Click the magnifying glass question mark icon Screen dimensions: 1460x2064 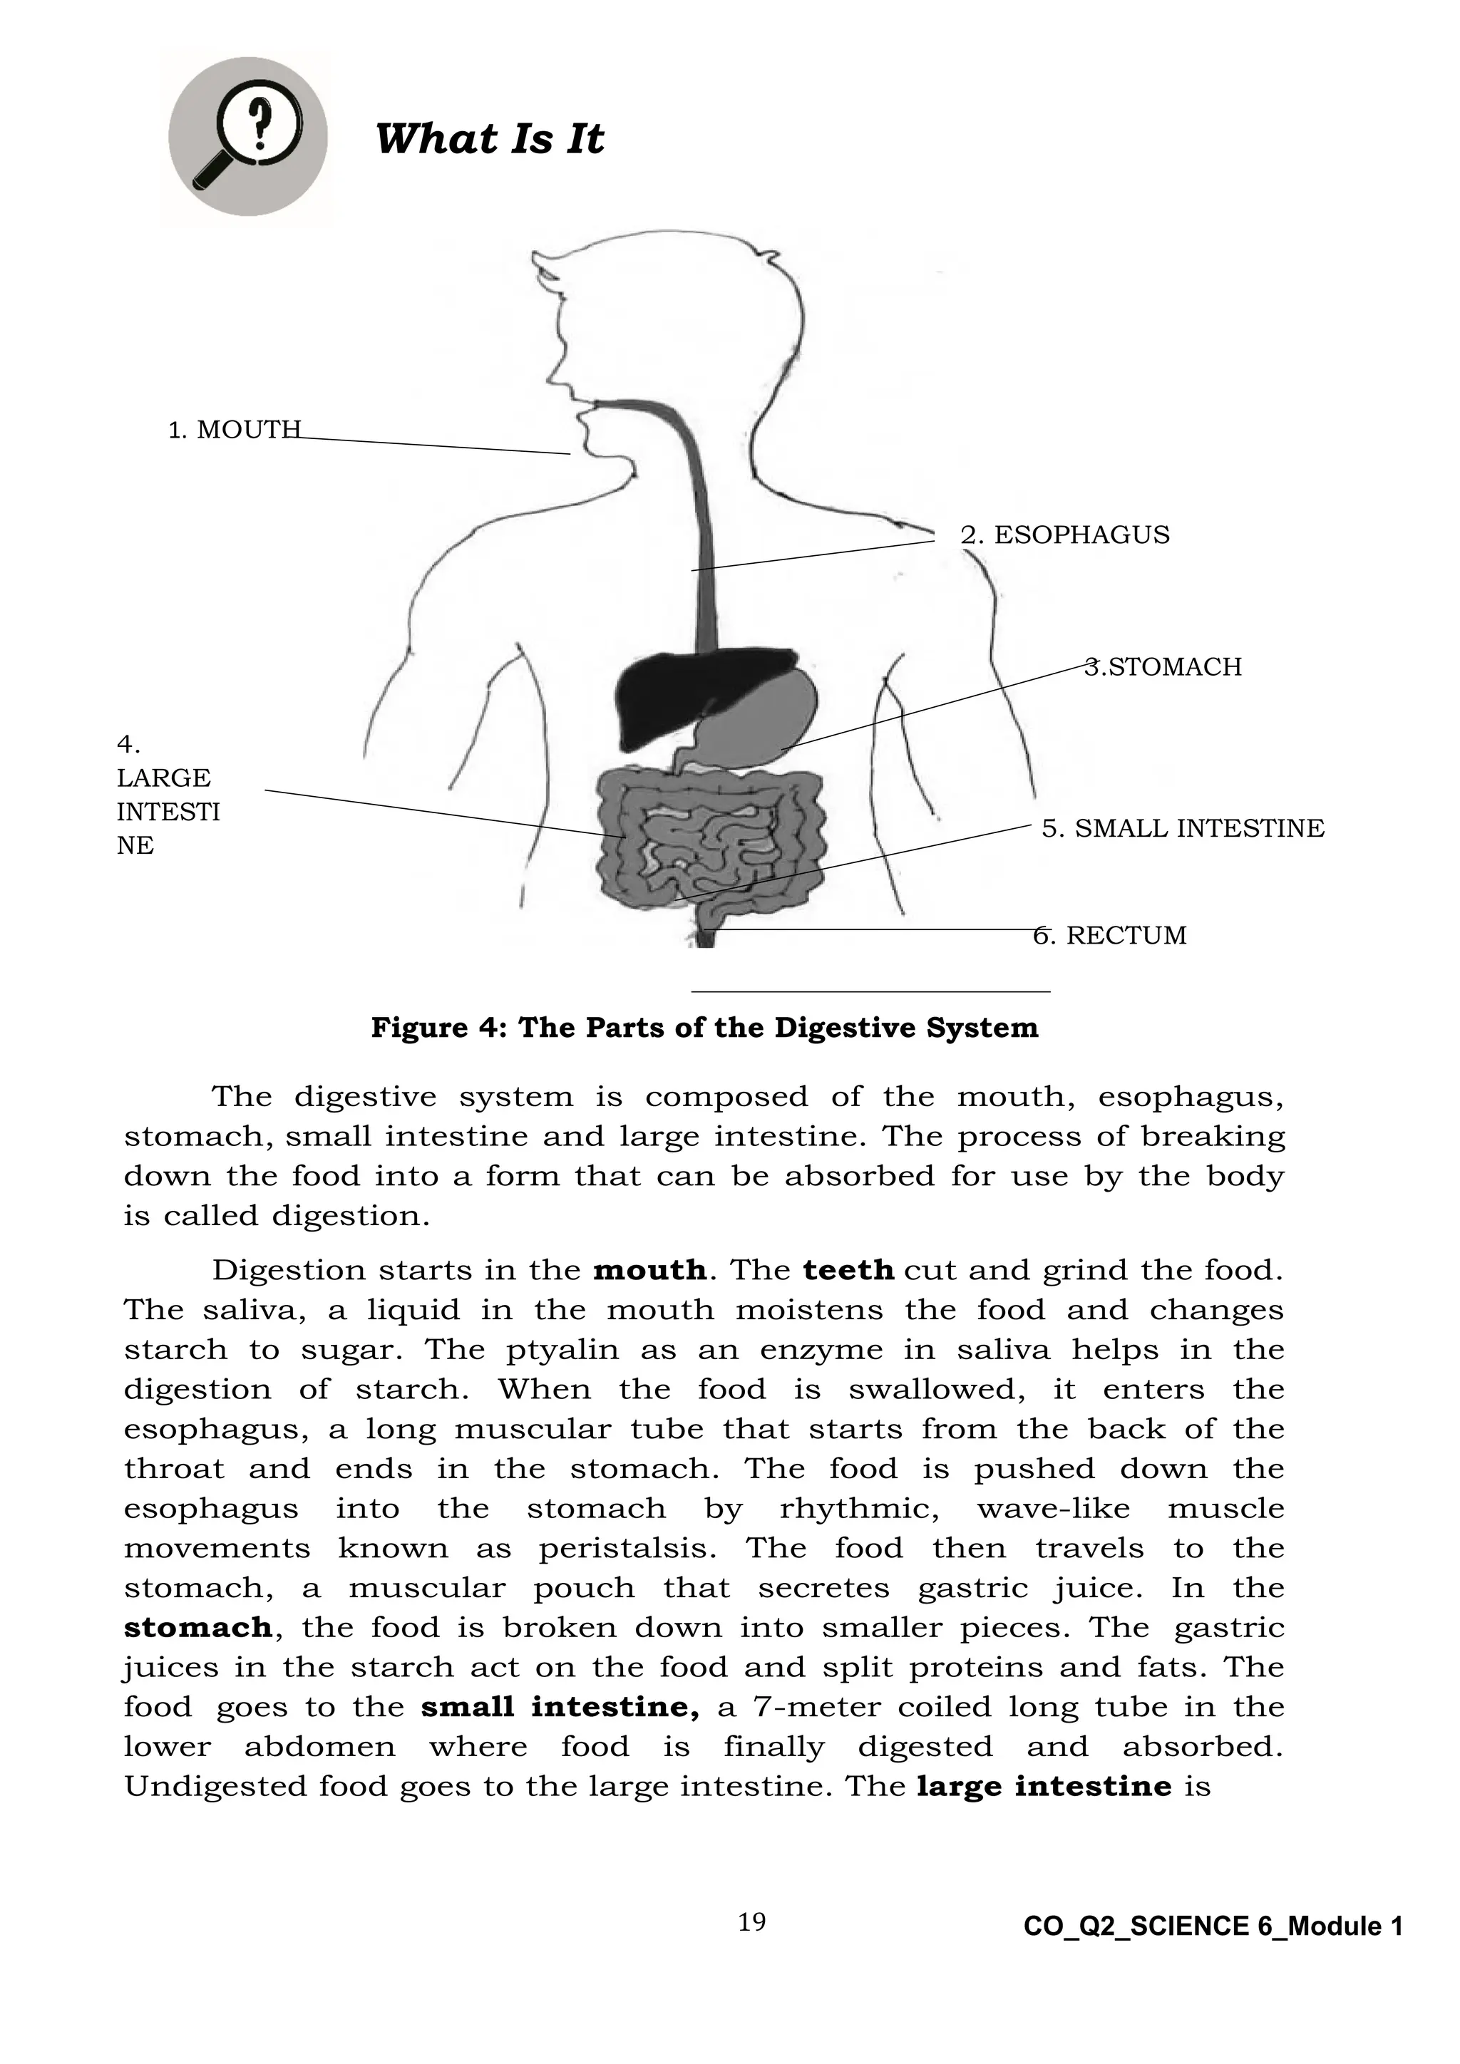pyautogui.click(x=247, y=137)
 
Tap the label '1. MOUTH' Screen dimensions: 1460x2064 pyautogui.click(x=234, y=430)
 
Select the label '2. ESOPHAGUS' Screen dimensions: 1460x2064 pyautogui.click(x=1064, y=535)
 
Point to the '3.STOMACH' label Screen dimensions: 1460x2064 pyautogui.click(x=1163, y=667)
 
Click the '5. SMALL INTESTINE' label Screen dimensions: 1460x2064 pyautogui.click(x=1182, y=828)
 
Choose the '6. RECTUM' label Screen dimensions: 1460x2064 pyautogui.click(x=1109, y=936)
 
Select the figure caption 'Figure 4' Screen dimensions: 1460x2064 pyautogui.click(x=704, y=1028)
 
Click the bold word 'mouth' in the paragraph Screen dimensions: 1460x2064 pyautogui.click(x=649, y=1270)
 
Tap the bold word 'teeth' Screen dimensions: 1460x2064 pyautogui.click(x=848, y=1270)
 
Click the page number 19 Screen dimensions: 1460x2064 pyautogui.click(x=751, y=1922)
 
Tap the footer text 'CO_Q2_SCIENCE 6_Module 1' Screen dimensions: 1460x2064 pyautogui.click(x=1213, y=1926)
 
